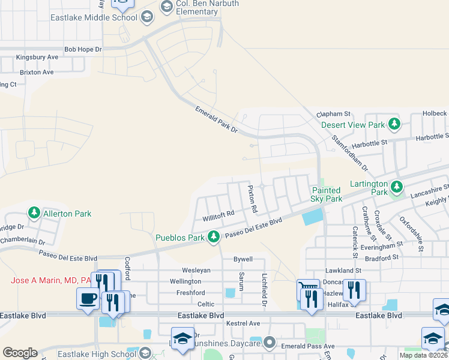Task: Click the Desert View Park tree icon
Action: (x=394, y=125)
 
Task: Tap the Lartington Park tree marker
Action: (x=396, y=186)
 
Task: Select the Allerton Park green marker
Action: (x=34, y=213)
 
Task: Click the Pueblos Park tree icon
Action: (x=214, y=238)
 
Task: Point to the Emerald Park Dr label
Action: (x=217, y=119)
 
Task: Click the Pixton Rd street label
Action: (x=253, y=199)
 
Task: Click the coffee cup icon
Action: (x=88, y=298)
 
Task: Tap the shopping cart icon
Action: (x=307, y=289)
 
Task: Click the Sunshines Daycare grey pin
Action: (x=270, y=343)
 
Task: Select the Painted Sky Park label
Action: (x=327, y=194)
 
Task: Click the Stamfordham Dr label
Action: (x=349, y=152)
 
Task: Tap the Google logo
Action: (x=20, y=353)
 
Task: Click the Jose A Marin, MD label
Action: (x=51, y=280)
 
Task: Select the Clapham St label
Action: (x=333, y=113)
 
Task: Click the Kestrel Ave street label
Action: (x=243, y=323)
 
